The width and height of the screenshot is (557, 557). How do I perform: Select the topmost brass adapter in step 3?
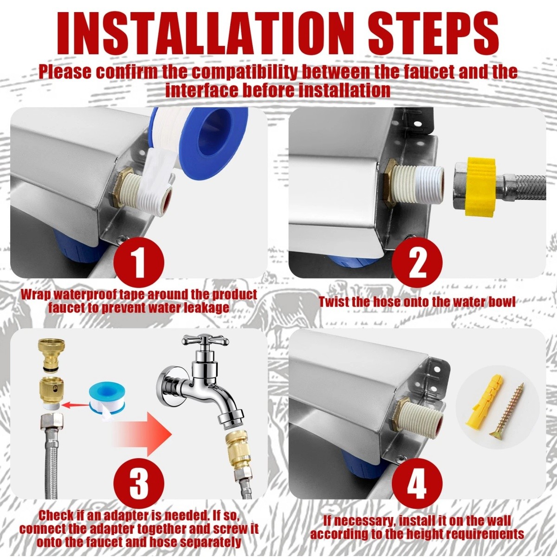tap(52, 352)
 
